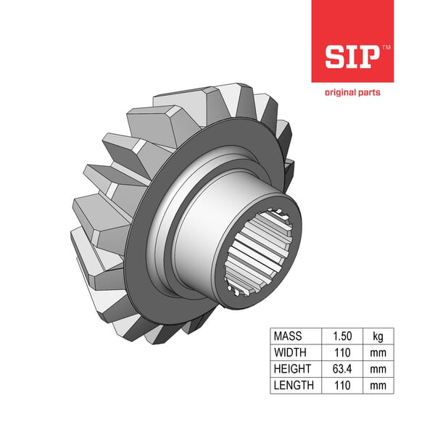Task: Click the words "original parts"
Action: click(352, 93)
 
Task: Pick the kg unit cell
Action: click(378, 336)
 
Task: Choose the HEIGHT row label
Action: click(293, 369)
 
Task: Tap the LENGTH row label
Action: click(294, 385)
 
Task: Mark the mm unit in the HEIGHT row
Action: click(378, 369)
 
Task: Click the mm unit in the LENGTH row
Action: click(378, 385)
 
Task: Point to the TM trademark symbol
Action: click(386, 48)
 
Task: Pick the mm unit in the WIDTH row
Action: click(378, 352)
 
